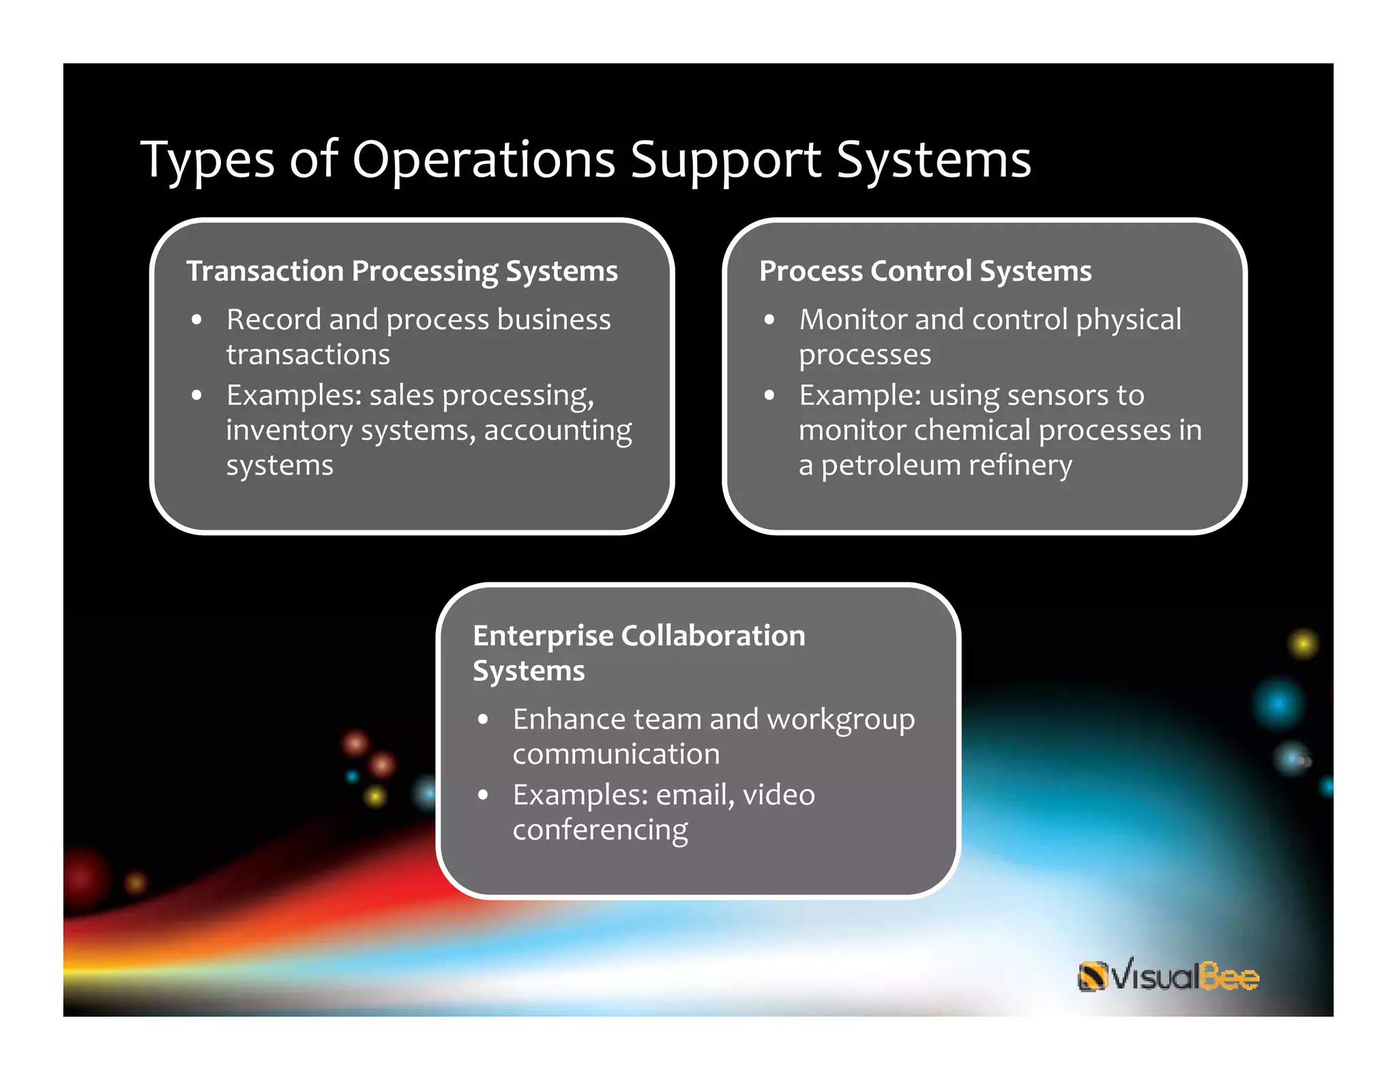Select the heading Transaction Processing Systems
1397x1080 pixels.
pyautogui.click(x=402, y=271)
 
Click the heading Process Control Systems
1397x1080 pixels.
pyautogui.click(x=925, y=271)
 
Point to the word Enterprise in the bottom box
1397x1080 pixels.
pyautogui.click(x=543, y=636)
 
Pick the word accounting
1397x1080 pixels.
pyautogui.click(x=558, y=430)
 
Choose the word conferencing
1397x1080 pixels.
pyautogui.click(x=600, y=830)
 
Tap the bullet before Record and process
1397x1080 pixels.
pyautogui.click(x=197, y=319)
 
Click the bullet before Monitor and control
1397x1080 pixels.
pyautogui.click(x=769, y=319)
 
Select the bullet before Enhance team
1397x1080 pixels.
pyautogui.click(x=484, y=720)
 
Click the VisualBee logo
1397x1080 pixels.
pyautogui.click(x=1168, y=975)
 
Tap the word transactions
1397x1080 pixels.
pyautogui.click(x=308, y=354)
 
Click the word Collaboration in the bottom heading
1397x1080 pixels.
pyautogui.click(x=714, y=636)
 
